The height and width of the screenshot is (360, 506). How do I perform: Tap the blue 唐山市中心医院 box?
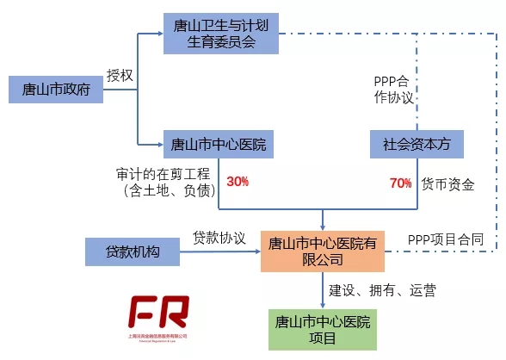(219, 143)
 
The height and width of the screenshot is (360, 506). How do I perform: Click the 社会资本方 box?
(417, 144)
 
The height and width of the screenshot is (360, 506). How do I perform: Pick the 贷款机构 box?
(133, 251)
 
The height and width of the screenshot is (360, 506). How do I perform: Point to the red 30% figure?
(238, 183)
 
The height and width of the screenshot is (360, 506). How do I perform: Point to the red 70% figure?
(400, 183)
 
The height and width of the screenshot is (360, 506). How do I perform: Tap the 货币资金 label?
(447, 183)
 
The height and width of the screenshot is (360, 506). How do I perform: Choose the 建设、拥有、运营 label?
(382, 290)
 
